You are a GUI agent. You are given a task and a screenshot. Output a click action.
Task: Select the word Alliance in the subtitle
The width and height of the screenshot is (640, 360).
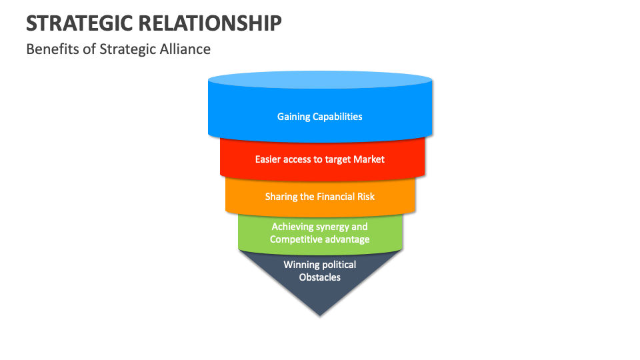pyautogui.click(x=186, y=49)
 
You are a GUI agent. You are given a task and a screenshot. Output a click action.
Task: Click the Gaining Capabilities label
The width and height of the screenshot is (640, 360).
pyautogui.click(x=320, y=117)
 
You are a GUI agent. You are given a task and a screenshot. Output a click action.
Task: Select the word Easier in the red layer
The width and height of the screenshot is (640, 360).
pyautogui.click(x=269, y=159)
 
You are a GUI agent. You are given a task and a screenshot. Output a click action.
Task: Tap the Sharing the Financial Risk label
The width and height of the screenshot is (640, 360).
pyautogui.click(x=320, y=197)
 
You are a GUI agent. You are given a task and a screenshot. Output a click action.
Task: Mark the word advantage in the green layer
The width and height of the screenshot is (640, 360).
pyautogui.click(x=348, y=239)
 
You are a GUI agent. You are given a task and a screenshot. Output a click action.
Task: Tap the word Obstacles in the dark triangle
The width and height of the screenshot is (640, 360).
pyautogui.click(x=320, y=277)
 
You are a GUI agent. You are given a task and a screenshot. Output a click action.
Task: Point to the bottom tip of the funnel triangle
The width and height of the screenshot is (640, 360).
pyautogui.click(x=321, y=313)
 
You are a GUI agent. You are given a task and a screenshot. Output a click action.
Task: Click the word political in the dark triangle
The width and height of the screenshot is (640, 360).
pyautogui.click(x=339, y=265)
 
